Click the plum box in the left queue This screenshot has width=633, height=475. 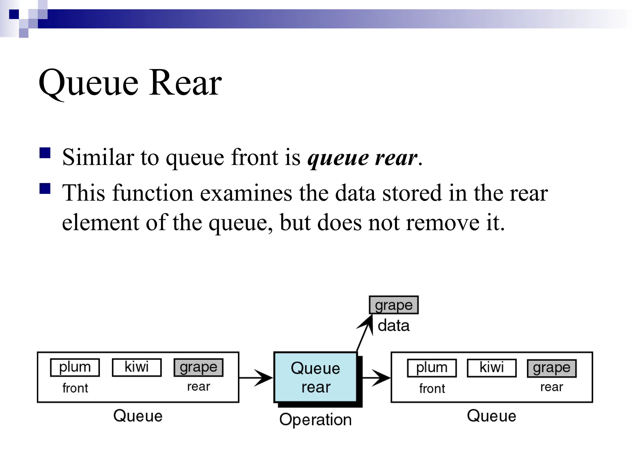(x=75, y=367)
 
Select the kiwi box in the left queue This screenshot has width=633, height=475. (x=137, y=367)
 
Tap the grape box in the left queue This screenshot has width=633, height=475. (x=198, y=367)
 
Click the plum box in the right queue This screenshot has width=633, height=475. (x=432, y=368)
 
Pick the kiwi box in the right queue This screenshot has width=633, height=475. (x=491, y=368)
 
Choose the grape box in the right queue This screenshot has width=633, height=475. (x=552, y=368)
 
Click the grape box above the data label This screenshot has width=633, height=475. (x=394, y=305)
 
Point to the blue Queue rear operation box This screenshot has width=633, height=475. (x=315, y=377)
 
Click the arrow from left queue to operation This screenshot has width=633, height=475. (x=256, y=378)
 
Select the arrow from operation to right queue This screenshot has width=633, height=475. (x=376, y=378)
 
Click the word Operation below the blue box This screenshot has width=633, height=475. (x=315, y=420)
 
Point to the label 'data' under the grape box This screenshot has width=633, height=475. (x=393, y=326)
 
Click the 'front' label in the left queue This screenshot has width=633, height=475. (x=75, y=388)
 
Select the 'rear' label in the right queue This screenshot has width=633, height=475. (x=552, y=387)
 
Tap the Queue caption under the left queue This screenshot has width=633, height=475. (x=138, y=416)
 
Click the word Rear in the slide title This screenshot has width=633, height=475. (x=185, y=83)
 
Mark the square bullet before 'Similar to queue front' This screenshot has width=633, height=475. (x=45, y=153)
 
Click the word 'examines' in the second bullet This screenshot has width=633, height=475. (x=246, y=193)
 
